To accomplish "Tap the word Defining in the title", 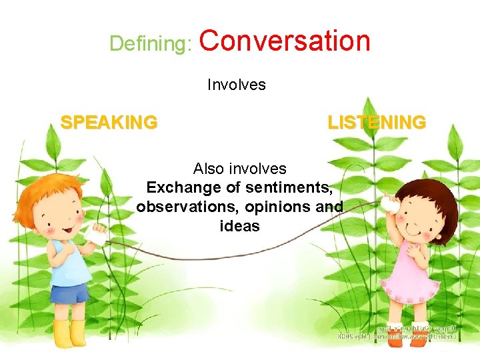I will point(150,44).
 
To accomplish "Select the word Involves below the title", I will point(236,85).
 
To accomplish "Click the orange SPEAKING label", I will point(109,123).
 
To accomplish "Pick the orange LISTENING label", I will point(376,123).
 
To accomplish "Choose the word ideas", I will point(239,226).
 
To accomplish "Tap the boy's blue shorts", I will point(70,293).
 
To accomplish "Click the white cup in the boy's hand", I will point(97,235).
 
